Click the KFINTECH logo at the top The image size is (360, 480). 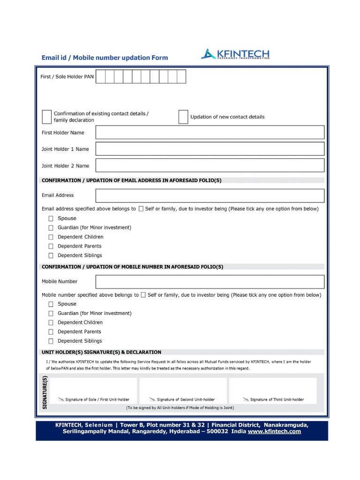point(235,54)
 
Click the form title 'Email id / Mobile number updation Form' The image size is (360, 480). point(105,58)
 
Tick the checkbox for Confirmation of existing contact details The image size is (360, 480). point(47,117)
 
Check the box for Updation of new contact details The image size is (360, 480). point(183,117)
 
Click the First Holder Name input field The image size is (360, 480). point(210,133)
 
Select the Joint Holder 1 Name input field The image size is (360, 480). point(210,149)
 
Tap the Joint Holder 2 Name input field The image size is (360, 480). point(210,165)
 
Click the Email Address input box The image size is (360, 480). point(210,195)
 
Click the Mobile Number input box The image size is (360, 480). point(210,282)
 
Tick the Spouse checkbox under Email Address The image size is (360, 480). point(51,218)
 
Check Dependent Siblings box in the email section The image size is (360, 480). point(51,255)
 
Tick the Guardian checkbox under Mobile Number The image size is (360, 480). point(51,313)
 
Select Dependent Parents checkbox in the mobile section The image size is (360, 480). point(51,332)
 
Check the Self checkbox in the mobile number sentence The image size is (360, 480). point(143,295)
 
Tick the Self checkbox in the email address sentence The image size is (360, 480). point(141,209)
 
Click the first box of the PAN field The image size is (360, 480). point(100,76)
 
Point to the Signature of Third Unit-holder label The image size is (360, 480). point(277,400)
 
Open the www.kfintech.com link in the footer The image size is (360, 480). point(274,432)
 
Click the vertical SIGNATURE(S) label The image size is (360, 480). point(45,393)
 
